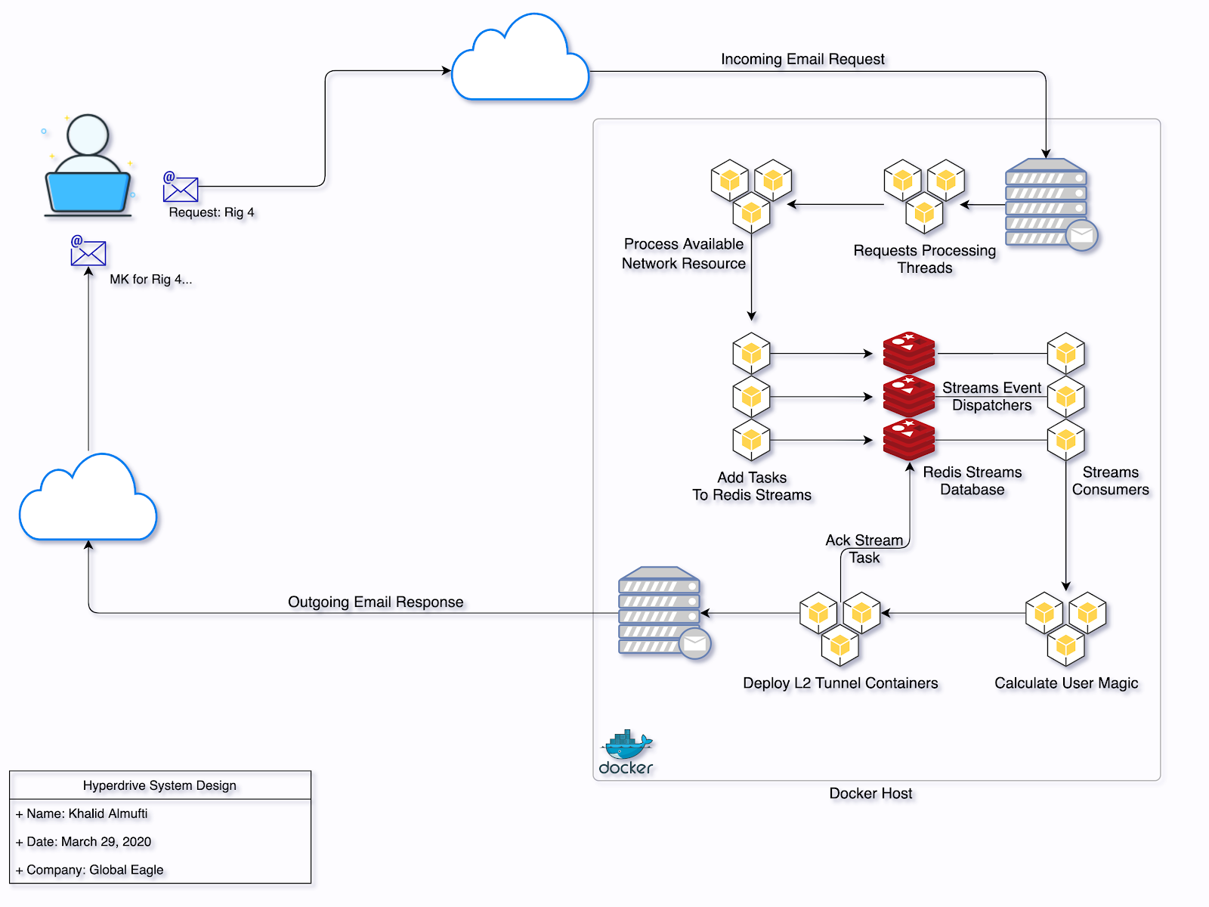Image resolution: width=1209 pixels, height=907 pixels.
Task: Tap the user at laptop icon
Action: point(88,167)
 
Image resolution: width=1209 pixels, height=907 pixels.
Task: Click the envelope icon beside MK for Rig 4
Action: point(88,252)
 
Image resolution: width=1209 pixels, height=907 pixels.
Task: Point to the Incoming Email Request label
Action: point(802,59)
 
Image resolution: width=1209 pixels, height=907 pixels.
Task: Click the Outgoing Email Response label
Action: point(376,602)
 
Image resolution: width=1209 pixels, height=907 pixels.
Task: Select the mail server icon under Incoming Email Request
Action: point(1049,203)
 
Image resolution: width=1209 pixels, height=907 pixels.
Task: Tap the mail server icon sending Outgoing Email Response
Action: point(662,611)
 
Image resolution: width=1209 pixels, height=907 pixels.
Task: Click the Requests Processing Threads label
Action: point(925,258)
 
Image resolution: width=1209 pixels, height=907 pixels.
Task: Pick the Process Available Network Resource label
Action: point(684,253)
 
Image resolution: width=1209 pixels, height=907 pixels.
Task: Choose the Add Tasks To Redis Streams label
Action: point(752,486)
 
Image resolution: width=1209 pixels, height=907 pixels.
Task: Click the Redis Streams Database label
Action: point(972,481)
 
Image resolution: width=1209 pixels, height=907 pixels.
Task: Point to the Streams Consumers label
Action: point(1110,481)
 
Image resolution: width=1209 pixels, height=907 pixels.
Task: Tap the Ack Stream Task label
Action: point(864,549)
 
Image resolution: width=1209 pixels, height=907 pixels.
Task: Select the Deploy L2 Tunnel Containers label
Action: point(840,683)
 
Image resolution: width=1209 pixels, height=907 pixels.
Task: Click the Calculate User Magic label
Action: point(1066,683)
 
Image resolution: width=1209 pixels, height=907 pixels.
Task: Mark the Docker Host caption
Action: point(870,794)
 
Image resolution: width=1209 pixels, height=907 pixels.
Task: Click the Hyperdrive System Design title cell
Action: point(159,785)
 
